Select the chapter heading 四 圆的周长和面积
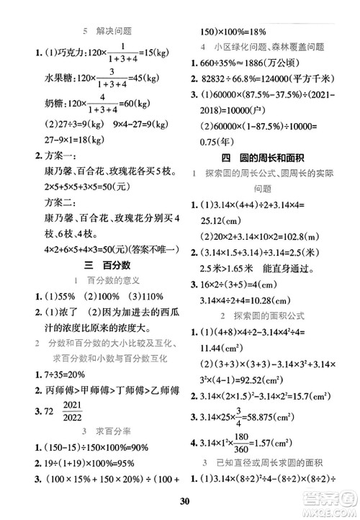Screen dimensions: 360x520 coord(270,176)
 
